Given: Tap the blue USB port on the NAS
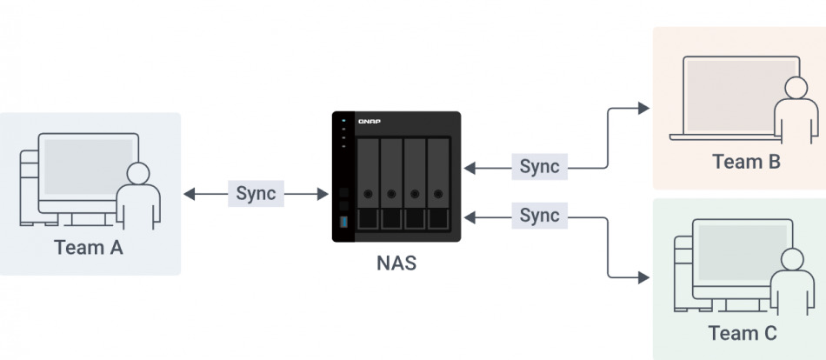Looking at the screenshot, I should tap(344, 224).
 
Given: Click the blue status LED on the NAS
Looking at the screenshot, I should tap(344, 120).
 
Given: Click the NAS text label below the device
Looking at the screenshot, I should tap(396, 263).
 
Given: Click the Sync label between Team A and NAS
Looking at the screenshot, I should tap(256, 193).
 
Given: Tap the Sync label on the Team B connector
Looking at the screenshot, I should tap(539, 165).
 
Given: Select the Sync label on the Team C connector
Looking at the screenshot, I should tap(539, 214).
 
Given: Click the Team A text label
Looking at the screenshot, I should tap(89, 247).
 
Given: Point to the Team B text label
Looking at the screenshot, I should tap(746, 161).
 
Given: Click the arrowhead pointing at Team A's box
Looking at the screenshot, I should tap(189, 194).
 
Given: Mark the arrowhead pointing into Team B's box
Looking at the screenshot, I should tap(643, 108).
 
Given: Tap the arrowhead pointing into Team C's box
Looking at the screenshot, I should tap(643, 277).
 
